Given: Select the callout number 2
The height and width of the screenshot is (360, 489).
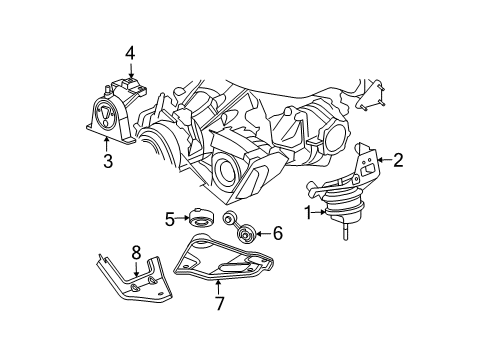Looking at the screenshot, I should point(399,157).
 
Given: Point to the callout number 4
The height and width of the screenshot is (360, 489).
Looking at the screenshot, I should point(129,52).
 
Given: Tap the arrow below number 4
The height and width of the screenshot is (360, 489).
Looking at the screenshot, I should point(129,68).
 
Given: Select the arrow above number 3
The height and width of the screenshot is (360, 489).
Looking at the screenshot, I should point(107,141).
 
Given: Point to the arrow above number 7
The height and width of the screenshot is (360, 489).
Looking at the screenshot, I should point(218,283).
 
